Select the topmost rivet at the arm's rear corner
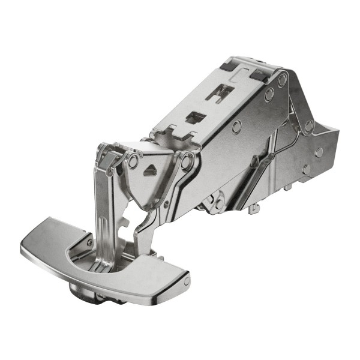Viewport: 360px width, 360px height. click(282, 79)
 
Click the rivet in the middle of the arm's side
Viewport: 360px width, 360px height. click(237, 126)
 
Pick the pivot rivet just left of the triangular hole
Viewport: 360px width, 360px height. click(133, 161)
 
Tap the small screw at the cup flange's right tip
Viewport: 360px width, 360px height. click(187, 280)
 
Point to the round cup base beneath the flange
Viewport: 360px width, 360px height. click(84, 292)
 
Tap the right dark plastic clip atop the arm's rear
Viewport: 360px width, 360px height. click(259, 74)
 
